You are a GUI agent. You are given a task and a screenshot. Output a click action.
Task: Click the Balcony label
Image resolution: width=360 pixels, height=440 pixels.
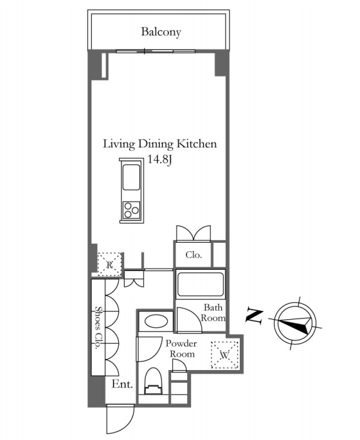[x=161, y=31]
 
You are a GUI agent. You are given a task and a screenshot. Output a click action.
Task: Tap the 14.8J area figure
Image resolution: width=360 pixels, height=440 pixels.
[x=159, y=160]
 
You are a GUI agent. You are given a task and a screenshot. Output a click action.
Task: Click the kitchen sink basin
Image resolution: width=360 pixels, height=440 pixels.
[x=131, y=177]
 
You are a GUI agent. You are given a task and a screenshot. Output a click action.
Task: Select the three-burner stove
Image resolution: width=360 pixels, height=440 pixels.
[x=131, y=210]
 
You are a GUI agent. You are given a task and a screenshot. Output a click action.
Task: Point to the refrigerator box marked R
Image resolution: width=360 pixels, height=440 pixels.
[x=109, y=265]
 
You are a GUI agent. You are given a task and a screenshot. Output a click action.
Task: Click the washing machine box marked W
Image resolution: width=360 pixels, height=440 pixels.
[x=224, y=355]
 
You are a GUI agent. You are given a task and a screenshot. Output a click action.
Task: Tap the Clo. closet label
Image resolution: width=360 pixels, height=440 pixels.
[x=194, y=255]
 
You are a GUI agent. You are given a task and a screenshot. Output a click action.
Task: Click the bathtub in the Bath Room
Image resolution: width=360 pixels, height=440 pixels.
[x=200, y=284]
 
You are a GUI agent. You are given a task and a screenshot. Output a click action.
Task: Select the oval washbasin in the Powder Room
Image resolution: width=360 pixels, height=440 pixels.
[x=156, y=321]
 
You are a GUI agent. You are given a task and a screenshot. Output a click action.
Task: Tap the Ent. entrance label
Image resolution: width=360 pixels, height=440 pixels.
[x=122, y=384]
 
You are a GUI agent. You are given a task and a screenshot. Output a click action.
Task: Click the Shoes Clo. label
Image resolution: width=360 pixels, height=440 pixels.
[x=98, y=327]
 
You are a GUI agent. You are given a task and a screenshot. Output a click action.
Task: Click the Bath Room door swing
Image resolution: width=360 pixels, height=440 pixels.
[x=189, y=319]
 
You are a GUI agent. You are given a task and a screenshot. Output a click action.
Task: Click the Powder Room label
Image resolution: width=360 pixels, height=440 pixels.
[x=181, y=349]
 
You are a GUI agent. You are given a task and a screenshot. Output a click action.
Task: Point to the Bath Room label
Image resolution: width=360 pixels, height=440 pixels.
[x=213, y=313]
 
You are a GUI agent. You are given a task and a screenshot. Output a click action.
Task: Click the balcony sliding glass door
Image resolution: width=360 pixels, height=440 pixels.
[x=156, y=51]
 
